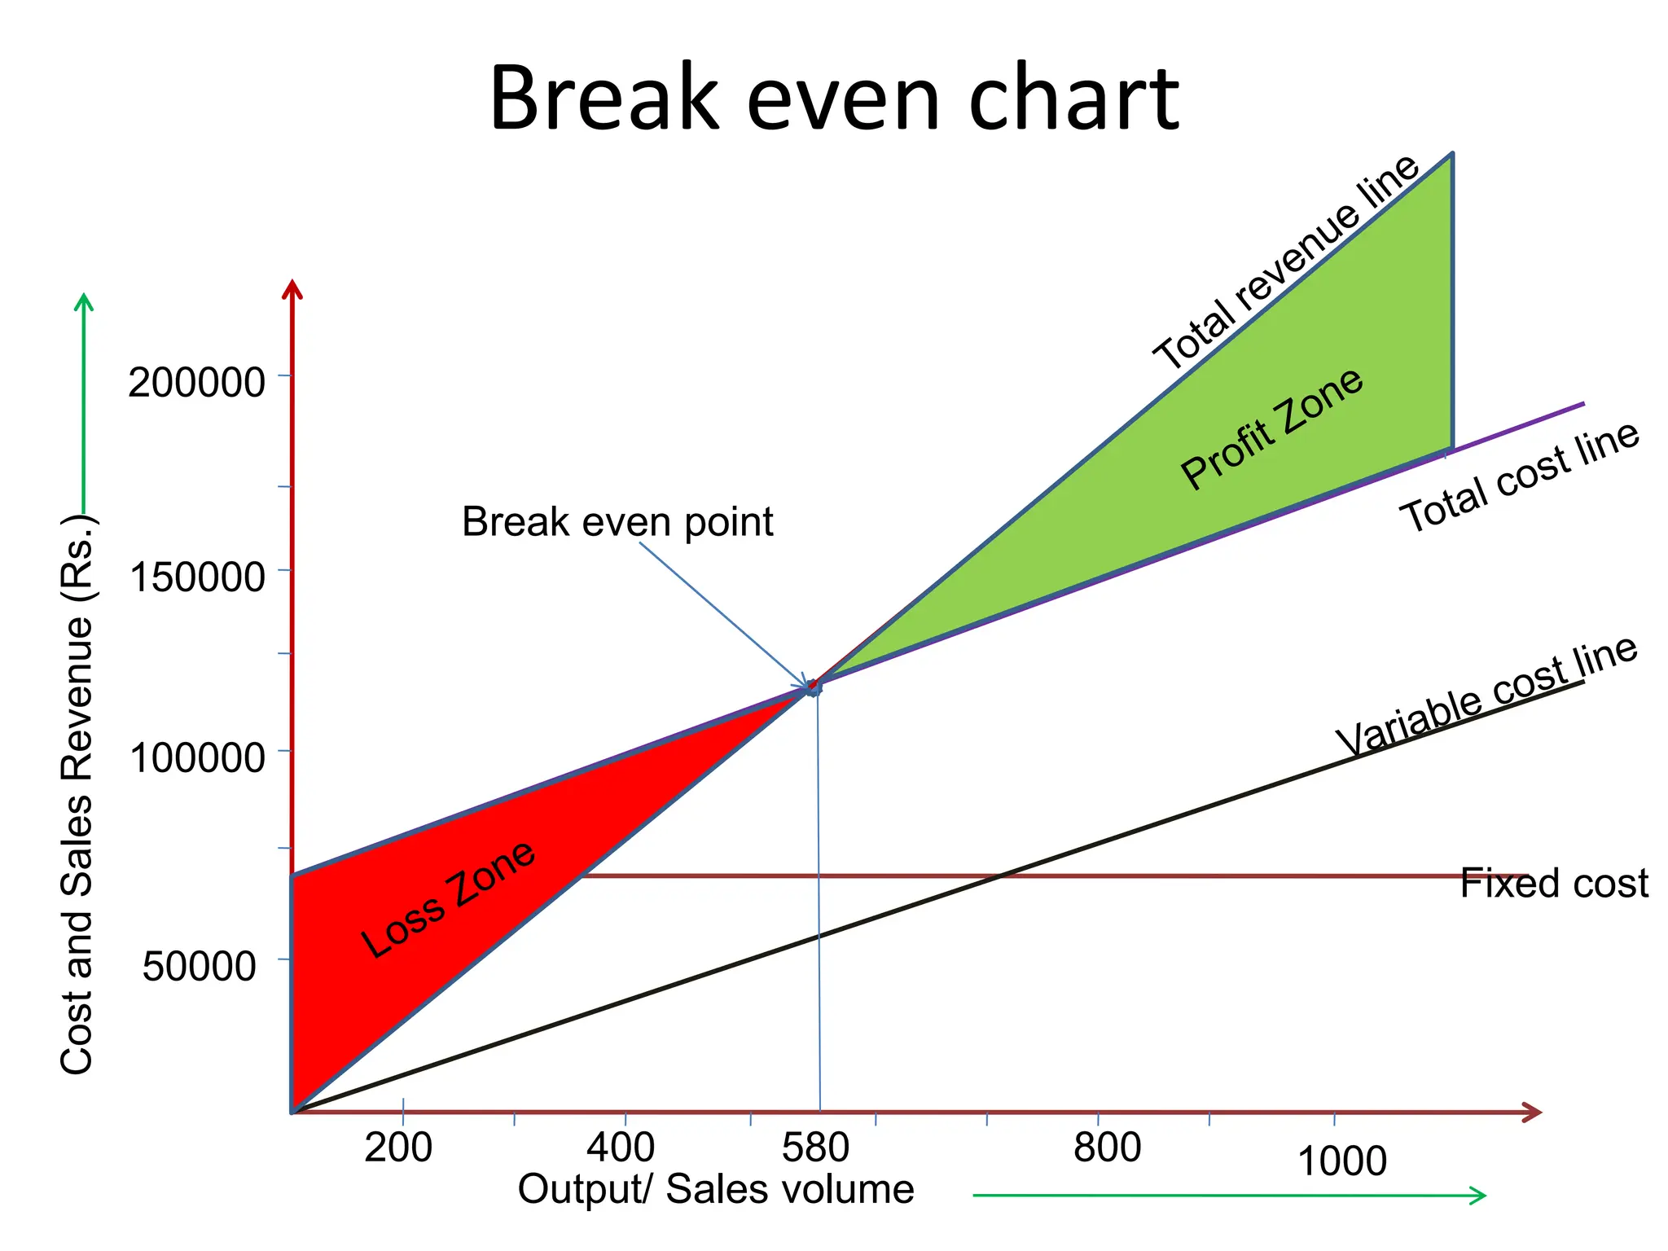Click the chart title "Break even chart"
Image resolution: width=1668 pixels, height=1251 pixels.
pyautogui.click(x=833, y=99)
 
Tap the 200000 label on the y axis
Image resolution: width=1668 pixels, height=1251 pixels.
pyautogui.click(x=196, y=382)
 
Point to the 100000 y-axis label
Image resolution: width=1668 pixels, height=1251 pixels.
pyautogui.click(x=197, y=757)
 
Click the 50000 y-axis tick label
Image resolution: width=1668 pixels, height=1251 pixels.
pyautogui.click(x=200, y=967)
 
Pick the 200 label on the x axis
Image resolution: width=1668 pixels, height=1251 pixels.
pyautogui.click(x=398, y=1148)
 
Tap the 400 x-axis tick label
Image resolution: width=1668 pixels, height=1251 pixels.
pyautogui.click(x=621, y=1148)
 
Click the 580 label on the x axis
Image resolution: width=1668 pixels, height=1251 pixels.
pyautogui.click(x=815, y=1148)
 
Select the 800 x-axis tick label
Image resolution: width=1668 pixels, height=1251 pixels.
pyautogui.click(x=1107, y=1148)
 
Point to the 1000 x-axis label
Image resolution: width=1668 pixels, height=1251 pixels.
pyautogui.click(x=1341, y=1161)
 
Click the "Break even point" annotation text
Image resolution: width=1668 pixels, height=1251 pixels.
pyautogui.click(x=617, y=522)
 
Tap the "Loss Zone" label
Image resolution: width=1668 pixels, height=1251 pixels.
pyautogui.click(x=449, y=899)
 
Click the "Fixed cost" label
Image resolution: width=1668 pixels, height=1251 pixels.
pyautogui.click(x=1554, y=883)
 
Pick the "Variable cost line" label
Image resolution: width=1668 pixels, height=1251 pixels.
pyautogui.click(x=1487, y=697)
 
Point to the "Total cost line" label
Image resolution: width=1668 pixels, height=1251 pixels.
pyautogui.click(x=1520, y=477)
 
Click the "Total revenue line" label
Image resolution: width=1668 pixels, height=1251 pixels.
pyautogui.click(x=1286, y=262)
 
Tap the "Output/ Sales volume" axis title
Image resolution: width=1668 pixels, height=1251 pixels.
pyautogui.click(x=716, y=1189)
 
